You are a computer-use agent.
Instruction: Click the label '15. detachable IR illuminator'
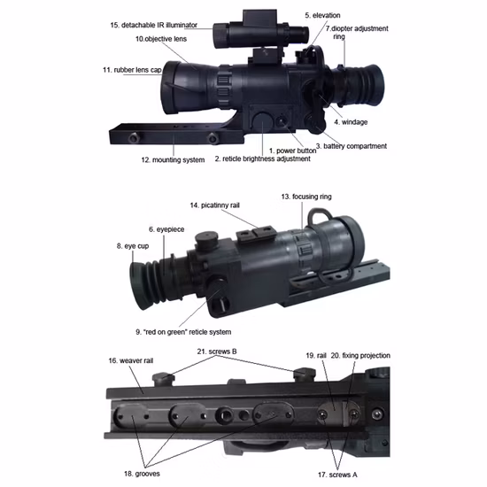click(154, 25)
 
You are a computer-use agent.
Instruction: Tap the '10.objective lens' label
click(161, 39)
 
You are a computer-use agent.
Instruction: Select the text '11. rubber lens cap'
click(132, 70)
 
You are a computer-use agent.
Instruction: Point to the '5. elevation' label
click(322, 16)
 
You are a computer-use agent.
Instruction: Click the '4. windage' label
click(351, 122)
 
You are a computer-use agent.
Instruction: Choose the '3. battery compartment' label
click(352, 146)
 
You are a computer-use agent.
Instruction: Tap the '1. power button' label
click(292, 151)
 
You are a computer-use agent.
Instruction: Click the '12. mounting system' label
click(173, 160)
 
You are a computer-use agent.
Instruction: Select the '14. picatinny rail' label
click(214, 205)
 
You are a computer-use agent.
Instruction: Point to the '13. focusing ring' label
click(306, 197)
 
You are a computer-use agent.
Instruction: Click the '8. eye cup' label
click(133, 246)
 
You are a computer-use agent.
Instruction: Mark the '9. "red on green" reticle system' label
click(183, 332)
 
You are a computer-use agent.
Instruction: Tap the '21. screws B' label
click(217, 352)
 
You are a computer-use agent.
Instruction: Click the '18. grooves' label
click(142, 474)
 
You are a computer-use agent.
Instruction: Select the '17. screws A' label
click(337, 475)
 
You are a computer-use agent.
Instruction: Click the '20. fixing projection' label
click(360, 356)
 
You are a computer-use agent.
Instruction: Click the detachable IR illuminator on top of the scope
click(261, 30)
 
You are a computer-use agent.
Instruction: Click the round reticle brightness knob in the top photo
click(262, 121)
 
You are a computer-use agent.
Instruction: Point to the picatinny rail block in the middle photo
click(256, 234)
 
